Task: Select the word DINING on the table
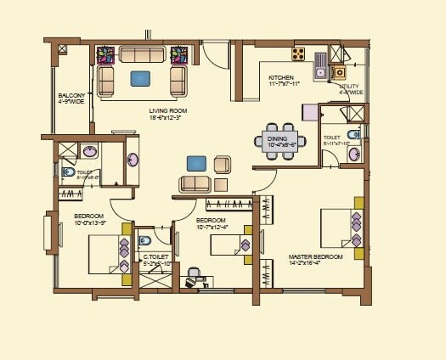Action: point(277,137)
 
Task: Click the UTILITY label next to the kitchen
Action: point(349,87)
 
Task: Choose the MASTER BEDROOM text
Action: point(315,256)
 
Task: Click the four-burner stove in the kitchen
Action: point(299,53)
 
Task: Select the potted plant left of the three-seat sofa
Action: point(107,54)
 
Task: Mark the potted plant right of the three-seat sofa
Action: point(178,54)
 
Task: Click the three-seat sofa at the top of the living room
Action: point(143,54)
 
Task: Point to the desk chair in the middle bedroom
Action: point(194,273)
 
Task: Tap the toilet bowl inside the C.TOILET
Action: point(142,242)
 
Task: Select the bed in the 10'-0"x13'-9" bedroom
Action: point(107,253)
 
